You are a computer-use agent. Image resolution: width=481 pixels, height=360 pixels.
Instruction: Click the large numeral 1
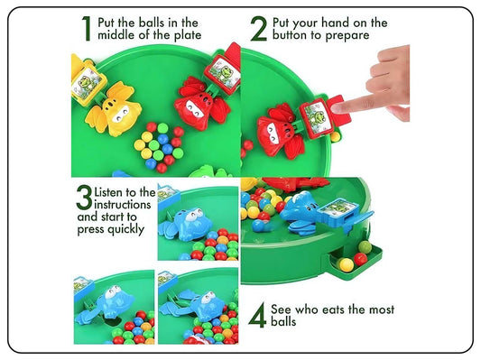(x=86, y=29)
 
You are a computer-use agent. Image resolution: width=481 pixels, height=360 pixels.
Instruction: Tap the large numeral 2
(x=259, y=29)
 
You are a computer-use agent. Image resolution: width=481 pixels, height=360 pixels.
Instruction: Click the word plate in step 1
(x=184, y=35)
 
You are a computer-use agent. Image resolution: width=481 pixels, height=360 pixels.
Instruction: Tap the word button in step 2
(x=297, y=35)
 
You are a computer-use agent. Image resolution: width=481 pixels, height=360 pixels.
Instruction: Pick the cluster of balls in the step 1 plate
(x=158, y=146)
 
